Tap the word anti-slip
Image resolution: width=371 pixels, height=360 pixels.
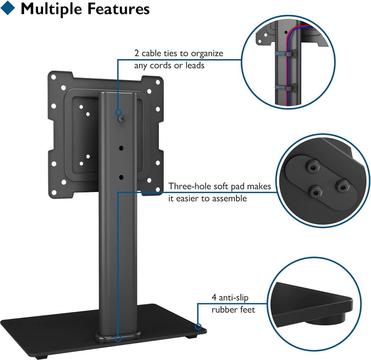point(234,298)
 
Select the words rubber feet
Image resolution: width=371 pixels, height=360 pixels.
point(233,309)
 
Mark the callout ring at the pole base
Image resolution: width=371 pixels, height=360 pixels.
point(118,339)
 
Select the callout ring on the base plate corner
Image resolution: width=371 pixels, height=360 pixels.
point(198,326)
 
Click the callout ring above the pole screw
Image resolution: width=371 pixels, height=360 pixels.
point(118,112)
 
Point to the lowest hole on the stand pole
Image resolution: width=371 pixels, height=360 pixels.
point(121,177)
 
